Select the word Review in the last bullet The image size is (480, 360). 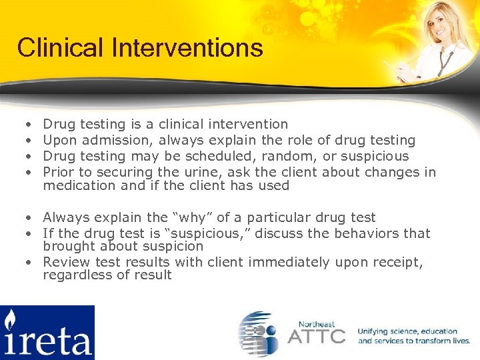pos(65,262)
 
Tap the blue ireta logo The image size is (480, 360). pos(47,333)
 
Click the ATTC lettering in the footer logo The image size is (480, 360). pos(316,335)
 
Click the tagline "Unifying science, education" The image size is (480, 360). pos(407,331)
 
